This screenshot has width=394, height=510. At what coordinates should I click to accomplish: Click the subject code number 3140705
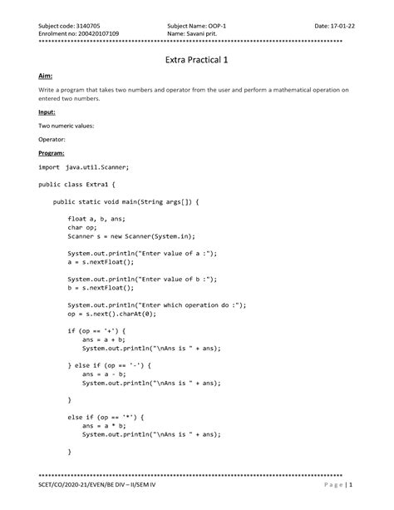pyautogui.click(x=86, y=26)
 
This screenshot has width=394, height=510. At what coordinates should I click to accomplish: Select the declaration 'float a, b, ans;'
pyautogui.click(x=98, y=218)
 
